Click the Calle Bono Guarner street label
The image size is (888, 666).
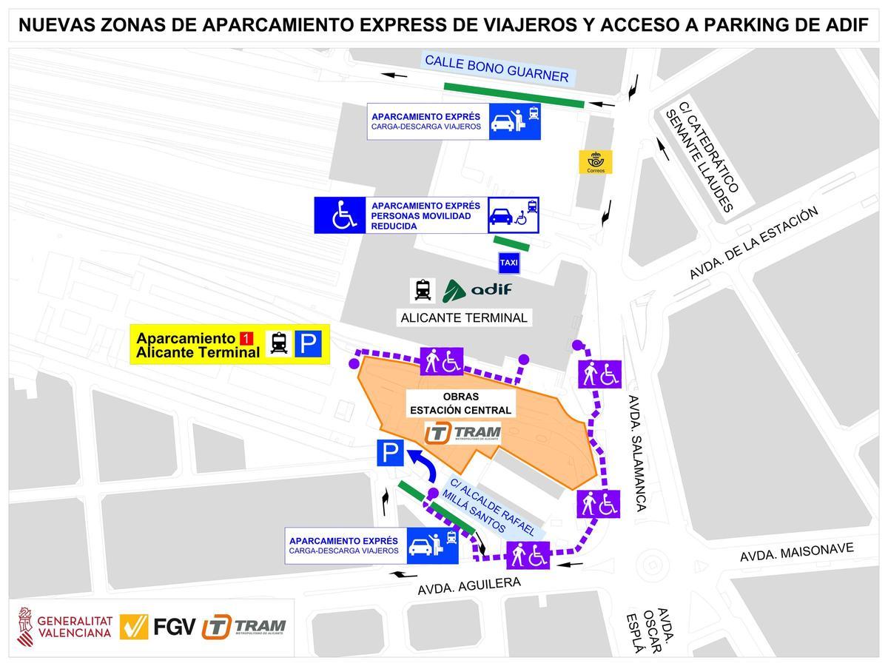[x=496, y=68]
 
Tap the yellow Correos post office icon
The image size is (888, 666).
[x=596, y=163]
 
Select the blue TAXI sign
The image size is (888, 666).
[x=509, y=263]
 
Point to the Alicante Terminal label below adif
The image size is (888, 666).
[x=464, y=318]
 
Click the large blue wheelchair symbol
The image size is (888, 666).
[x=340, y=215]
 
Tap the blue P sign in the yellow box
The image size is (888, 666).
[x=311, y=344]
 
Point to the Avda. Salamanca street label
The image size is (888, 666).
[x=636, y=451]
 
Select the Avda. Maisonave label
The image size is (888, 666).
[x=797, y=552]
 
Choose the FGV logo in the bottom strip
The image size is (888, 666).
[x=158, y=628]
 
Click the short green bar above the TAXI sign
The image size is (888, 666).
[x=512, y=243]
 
